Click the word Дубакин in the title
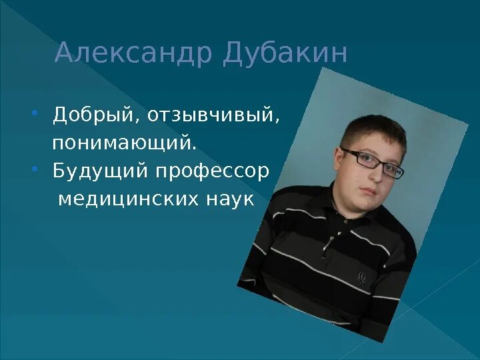(x=285, y=54)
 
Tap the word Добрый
(x=94, y=115)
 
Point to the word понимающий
(x=125, y=143)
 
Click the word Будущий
(x=101, y=171)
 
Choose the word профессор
(x=213, y=171)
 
